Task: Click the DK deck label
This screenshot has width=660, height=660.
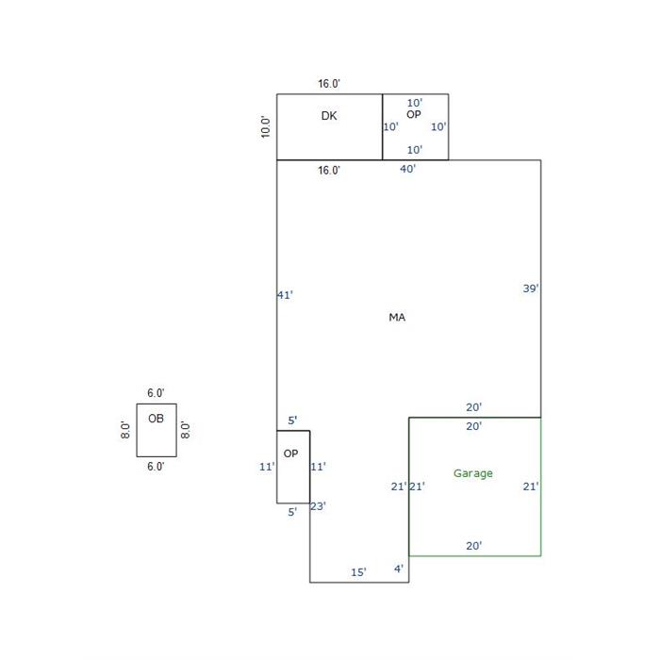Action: [329, 116]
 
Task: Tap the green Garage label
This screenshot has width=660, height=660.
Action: [472, 473]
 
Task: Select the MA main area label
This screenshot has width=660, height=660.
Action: [397, 317]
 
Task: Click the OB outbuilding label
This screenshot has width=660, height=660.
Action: [156, 419]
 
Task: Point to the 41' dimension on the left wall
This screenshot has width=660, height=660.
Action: [285, 295]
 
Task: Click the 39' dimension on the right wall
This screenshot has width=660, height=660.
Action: [531, 289]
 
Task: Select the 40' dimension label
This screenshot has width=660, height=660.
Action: [407, 169]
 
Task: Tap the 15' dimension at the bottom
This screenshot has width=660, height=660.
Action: [358, 572]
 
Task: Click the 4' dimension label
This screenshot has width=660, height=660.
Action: [399, 569]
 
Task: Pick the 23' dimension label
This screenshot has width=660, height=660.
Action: [318, 506]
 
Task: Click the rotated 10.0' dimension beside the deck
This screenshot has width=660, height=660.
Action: [265, 126]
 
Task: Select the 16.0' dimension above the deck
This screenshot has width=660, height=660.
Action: [329, 84]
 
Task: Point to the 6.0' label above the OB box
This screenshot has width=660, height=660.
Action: [156, 393]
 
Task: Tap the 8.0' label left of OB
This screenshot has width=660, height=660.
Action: [125, 430]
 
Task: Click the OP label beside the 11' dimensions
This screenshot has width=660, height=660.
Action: [290, 454]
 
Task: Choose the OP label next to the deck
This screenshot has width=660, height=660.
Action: [414, 114]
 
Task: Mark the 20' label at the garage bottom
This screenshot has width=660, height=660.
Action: [474, 546]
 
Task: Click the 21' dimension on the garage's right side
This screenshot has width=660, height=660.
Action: [531, 487]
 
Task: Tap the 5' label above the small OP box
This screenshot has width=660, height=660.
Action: [292, 421]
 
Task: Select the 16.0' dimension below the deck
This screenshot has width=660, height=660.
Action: [329, 171]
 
